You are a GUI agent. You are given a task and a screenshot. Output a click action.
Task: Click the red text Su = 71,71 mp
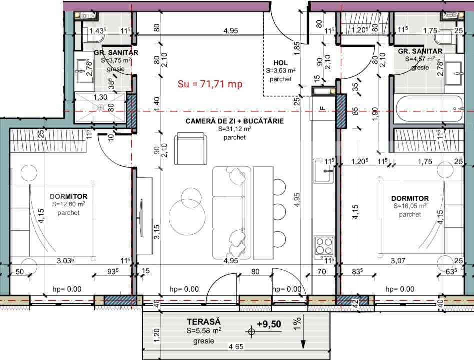[210, 84]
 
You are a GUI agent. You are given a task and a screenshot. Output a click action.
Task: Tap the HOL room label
[280, 63]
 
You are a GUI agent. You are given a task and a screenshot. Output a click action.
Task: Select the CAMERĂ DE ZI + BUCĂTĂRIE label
[234, 121]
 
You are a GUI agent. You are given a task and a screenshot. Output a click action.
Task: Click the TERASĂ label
[204, 322]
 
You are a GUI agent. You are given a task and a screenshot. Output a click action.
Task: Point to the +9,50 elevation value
[269, 324]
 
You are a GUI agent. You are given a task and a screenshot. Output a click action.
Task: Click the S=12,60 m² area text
[69, 204]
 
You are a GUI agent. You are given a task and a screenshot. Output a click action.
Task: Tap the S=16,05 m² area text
[410, 206]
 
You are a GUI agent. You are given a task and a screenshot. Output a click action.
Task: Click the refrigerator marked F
[323, 107]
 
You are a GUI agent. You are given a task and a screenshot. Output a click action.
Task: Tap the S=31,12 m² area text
[234, 129]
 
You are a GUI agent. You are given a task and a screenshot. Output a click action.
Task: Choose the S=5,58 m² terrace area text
[204, 331]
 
